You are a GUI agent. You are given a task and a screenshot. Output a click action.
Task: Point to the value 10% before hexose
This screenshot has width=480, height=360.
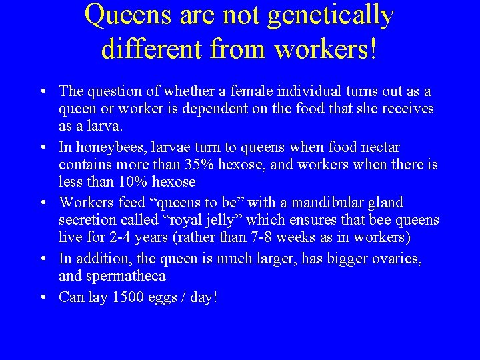point(133,182)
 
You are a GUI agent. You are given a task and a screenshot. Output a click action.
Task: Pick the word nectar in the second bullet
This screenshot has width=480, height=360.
point(381,147)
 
